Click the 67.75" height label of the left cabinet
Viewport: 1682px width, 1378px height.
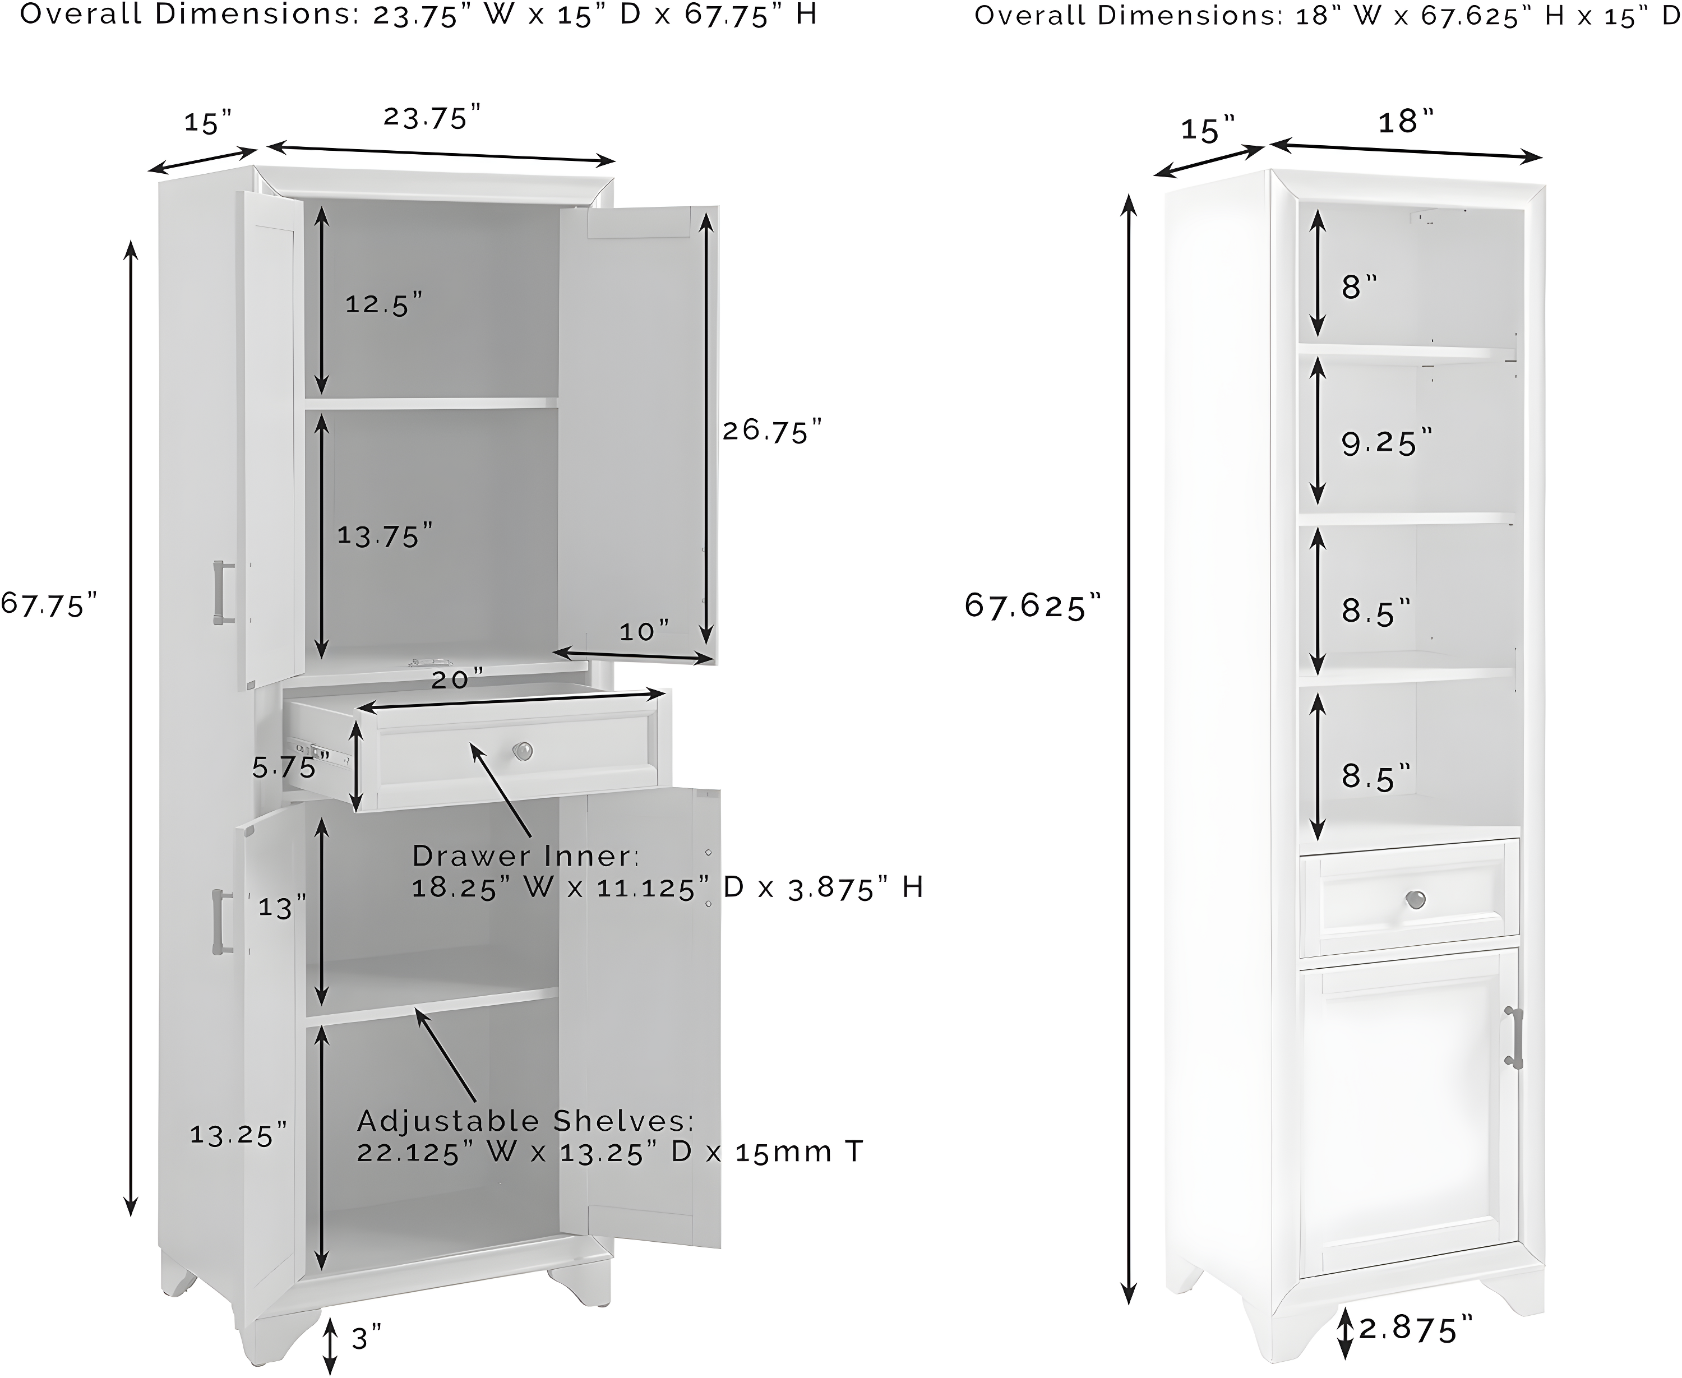[x=49, y=605]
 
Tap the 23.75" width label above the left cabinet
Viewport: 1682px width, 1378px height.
[x=433, y=118]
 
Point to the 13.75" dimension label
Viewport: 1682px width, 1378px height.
[x=385, y=536]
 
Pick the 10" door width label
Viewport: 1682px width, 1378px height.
[x=644, y=632]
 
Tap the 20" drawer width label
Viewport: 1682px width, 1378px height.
[x=457, y=679]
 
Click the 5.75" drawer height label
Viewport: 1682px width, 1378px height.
[x=290, y=767]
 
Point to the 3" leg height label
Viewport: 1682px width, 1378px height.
[x=366, y=1338]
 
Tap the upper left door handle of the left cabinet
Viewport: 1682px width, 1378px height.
[x=221, y=592]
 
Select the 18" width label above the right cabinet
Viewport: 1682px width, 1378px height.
[x=1406, y=122]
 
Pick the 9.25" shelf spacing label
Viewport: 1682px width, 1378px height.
[x=1387, y=443]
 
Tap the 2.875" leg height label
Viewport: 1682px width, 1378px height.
[x=1415, y=1329]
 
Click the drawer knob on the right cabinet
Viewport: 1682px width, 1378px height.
[x=1415, y=900]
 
